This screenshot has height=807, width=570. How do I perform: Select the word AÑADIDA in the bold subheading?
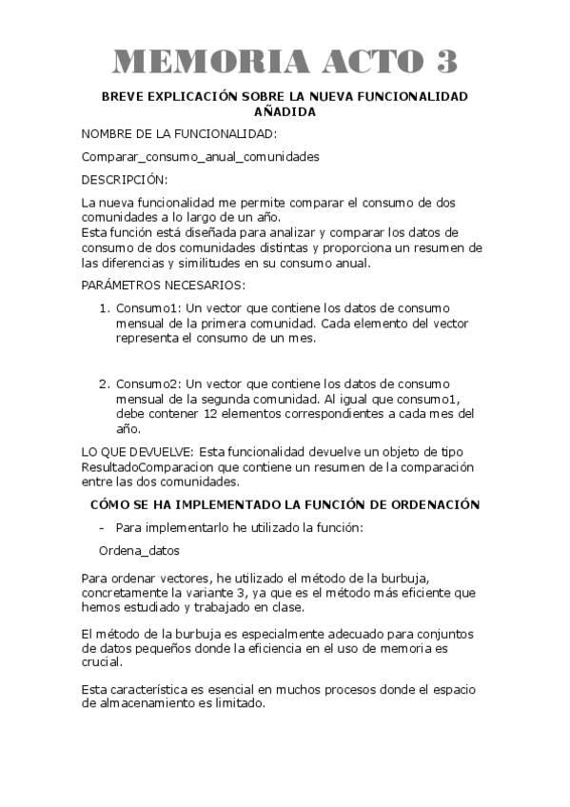(285, 111)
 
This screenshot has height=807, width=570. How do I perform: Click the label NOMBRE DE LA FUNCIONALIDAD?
(179, 134)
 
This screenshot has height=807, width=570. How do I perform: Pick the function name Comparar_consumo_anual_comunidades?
(200, 156)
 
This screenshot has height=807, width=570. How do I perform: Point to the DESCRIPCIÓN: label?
(124, 179)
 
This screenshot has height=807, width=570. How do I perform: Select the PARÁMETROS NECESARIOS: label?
(163, 285)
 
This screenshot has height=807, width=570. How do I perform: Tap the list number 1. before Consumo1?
(106, 308)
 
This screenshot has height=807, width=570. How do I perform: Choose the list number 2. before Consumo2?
(106, 384)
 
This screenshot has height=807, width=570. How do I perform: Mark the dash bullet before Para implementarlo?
(102, 527)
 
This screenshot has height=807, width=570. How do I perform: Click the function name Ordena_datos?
(139, 550)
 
